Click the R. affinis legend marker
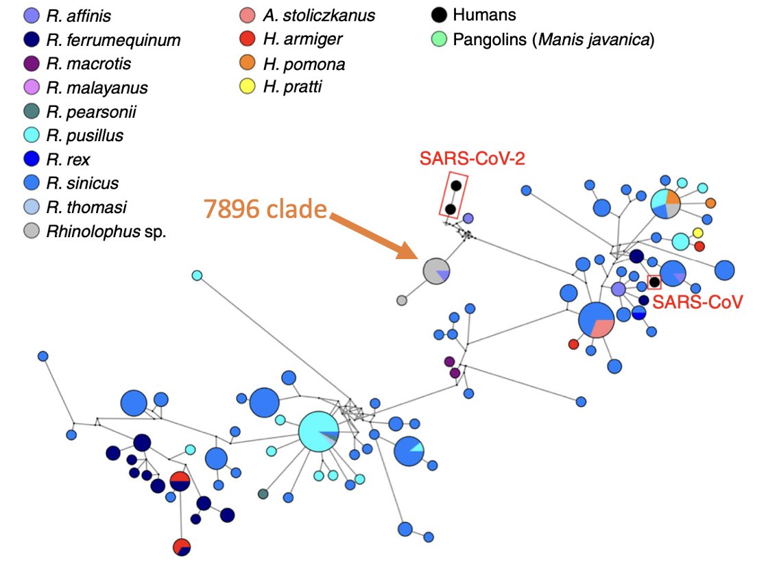(x=31, y=16)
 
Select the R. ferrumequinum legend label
(x=113, y=40)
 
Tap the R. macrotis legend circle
(x=31, y=64)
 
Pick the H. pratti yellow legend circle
(x=248, y=87)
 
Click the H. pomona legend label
(x=304, y=64)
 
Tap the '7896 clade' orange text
(x=266, y=209)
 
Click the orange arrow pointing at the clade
(x=374, y=236)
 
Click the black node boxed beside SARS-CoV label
(x=654, y=282)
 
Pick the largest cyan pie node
(x=319, y=431)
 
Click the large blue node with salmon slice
(x=596, y=319)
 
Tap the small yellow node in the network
(x=697, y=233)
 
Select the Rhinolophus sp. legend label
(x=106, y=231)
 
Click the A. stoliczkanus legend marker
(x=248, y=16)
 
